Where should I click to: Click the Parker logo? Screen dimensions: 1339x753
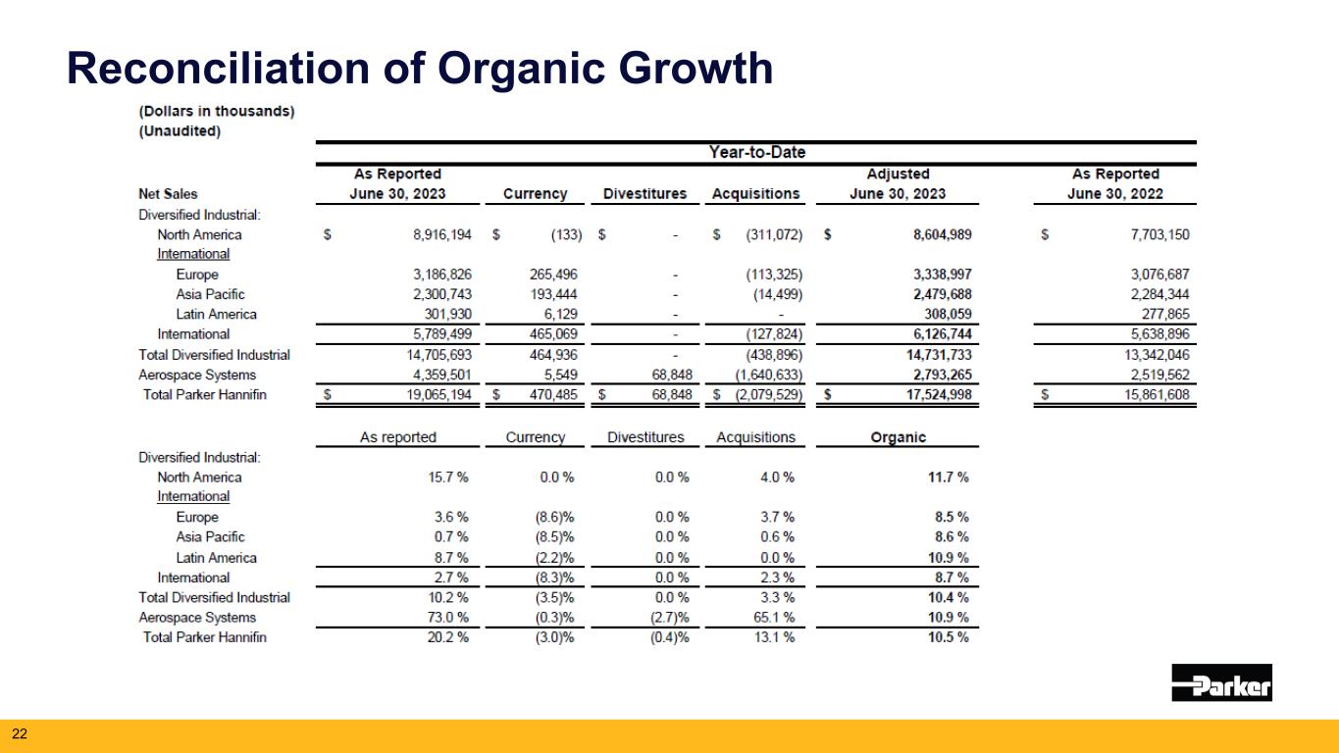(x=1221, y=682)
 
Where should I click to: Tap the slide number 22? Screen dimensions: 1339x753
(x=20, y=733)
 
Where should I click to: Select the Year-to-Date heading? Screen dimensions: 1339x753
(x=756, y=152)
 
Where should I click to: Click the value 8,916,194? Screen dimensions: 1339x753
(x=441, y=235)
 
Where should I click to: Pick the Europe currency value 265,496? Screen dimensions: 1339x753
(x=553, y=275)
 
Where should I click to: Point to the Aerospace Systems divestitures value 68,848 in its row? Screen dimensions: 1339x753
(x=671, y=375)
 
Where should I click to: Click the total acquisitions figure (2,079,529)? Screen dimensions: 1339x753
(x=768, y=394)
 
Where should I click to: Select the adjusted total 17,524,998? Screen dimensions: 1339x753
(x=939, y=394)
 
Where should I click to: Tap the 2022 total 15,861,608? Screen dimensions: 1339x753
(x=1157, y=394)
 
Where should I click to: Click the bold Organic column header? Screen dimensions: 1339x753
(x=898, y=437)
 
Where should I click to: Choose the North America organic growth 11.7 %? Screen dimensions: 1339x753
(x=948, y=477)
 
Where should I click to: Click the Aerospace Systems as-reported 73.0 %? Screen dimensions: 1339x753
(x=447, y=618)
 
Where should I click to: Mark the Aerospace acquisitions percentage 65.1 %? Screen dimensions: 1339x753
(x=774, y=618)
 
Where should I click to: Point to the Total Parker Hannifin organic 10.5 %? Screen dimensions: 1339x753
(x=948, y=637)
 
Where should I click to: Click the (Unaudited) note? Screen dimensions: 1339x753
(x=180, y=131)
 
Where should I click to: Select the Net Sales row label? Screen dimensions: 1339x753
(x=168, y=194)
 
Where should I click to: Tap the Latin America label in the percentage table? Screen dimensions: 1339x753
(x=216, y=558)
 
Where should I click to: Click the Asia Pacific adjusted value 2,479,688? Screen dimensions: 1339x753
(x=942, y=294)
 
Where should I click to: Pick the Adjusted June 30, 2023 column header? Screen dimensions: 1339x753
(x=898, y=184)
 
